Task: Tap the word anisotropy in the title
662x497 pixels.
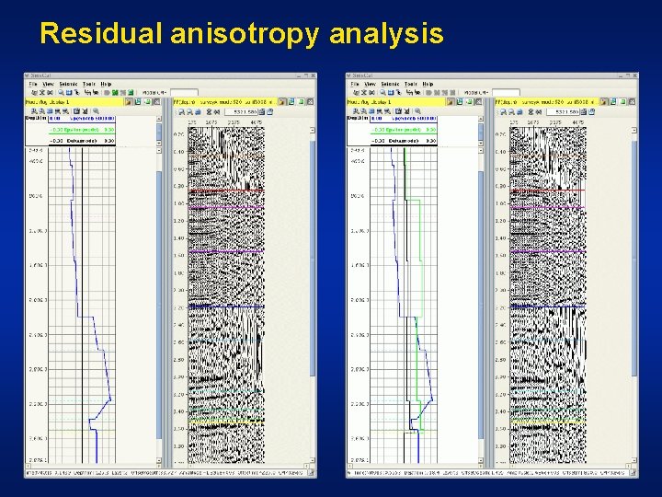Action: point(244,35)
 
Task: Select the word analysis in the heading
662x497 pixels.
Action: point(386,35)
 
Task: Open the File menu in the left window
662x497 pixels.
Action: point(34,84)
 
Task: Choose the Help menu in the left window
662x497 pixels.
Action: point(106,84)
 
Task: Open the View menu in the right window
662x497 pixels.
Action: point(370,84)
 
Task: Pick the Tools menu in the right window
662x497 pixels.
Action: point(410,84)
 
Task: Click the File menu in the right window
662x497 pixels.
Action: point(356,84)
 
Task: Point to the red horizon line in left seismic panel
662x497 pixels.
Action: point(225,190)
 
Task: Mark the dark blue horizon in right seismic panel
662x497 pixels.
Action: point(547,305)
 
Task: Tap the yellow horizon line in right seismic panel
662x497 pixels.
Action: point(547,422)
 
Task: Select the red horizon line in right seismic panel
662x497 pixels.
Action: point(547,190)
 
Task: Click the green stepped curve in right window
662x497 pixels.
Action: point(419,276)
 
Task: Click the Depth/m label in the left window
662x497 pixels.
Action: point(34,118)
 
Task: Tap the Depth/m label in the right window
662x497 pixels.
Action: point(356,118)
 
